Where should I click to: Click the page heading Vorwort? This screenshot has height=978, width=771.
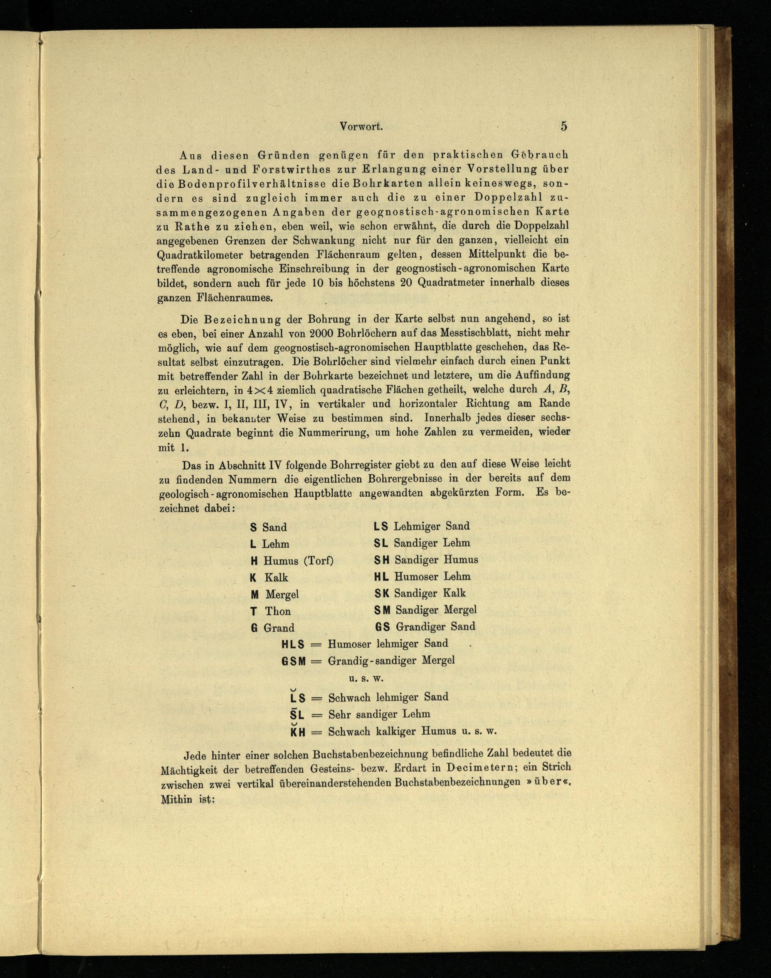pyautogui.click(x=361, y=127)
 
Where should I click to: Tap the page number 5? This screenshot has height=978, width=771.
pyautogui.click(x=564, y=126)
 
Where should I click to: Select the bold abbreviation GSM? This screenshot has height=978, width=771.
pyautogui.click(x=294, y=661)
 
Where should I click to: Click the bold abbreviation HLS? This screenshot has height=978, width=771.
pyautogui.click(x=293, y=644)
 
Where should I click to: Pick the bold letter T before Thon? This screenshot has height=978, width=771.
pyautogui.click(x=254, y=611)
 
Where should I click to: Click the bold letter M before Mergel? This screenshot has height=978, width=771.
pyautogui.click(x=254, y=595)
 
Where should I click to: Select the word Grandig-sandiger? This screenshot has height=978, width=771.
pyautogui.click(x=372, y=661)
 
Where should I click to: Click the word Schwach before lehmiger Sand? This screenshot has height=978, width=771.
pyautogui.click(x=348, y=697)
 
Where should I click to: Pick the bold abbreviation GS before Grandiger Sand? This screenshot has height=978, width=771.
pyautogui.click(x=382, y=627)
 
